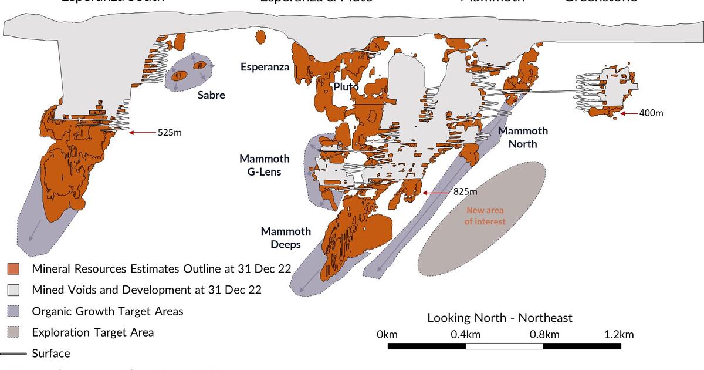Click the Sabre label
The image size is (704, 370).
point(211,95)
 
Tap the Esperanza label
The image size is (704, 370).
point(265,67)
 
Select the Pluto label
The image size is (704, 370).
point(346,87)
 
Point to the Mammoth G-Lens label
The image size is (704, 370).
point(264,165)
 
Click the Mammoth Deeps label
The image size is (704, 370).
point(286,238)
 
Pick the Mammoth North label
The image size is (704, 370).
point(523,137)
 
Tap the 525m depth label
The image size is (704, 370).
point(170,133)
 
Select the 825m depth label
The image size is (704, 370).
point(465,192)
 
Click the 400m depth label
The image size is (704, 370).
point(651,113)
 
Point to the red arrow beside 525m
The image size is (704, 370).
point(142,133)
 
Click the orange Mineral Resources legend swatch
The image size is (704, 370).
point(13,269)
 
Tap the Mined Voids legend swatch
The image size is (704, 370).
point(13,290)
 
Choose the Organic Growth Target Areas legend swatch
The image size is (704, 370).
point(13,311)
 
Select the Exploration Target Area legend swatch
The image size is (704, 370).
point(13,332)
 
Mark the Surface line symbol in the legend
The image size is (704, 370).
point(13,354)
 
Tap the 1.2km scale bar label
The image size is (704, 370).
point(619,335)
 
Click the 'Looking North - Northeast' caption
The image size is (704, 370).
point(499,318)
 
